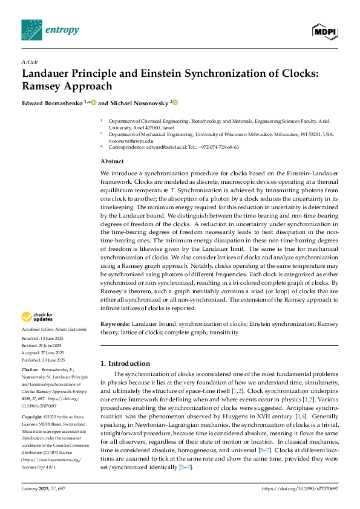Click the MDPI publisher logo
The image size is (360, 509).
point(326,30)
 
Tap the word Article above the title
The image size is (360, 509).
point(30,62)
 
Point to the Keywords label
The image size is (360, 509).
point(116,325)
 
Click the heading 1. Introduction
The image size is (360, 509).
point(125,363)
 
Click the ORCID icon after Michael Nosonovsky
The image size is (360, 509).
point(175,103)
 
